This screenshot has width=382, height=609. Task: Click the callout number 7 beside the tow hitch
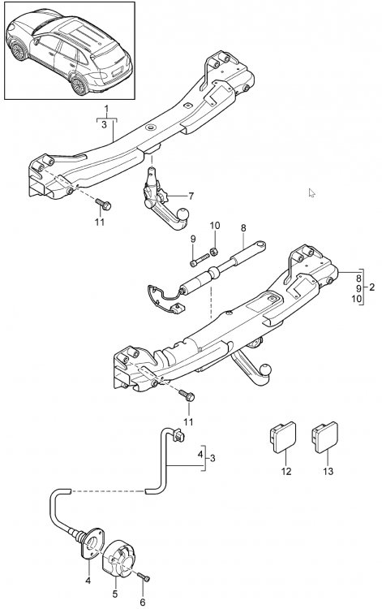[x=191, y=196]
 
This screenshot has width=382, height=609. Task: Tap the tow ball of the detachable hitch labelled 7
[x=182, y=215]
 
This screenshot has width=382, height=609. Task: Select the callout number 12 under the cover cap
[x=285, y=471]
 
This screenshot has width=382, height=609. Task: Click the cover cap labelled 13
[x=325, y=437]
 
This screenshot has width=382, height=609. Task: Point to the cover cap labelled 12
[x=282, y=437]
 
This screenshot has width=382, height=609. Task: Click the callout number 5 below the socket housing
[x=115, y=594]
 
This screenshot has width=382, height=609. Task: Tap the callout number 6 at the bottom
[x=142, y=602]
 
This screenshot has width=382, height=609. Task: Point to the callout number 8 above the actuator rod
[x=243, y=228]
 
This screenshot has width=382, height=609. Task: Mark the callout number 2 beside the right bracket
[x=372, y=287]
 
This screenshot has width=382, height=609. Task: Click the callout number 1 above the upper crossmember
[x=106, y=108]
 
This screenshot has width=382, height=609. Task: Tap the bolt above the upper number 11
[x=104, y=204]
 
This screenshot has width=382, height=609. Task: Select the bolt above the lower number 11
[x=187, y=395]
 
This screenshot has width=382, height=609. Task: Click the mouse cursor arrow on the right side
[x=311, y=193]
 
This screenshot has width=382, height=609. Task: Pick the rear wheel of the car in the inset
[x=79, y=85]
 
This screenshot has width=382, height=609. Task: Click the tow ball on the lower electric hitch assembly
[x=266, y=369]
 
